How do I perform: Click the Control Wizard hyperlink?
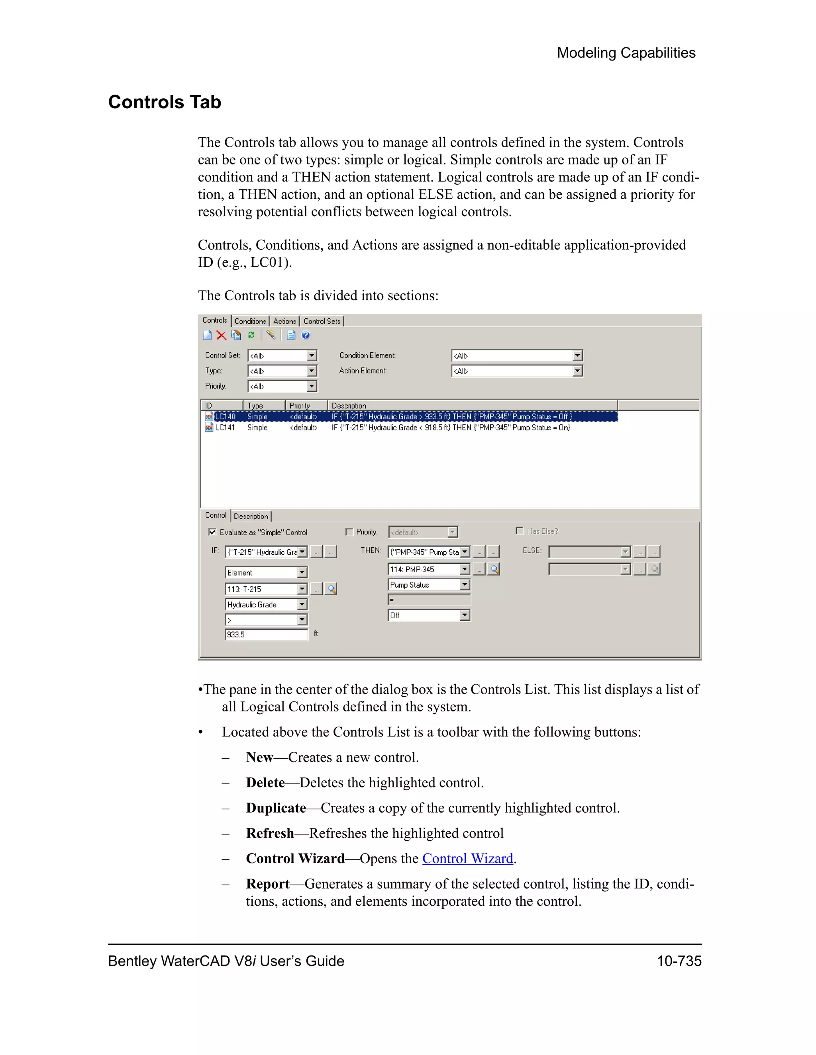coord(467,858)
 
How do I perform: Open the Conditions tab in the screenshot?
coord(250,321)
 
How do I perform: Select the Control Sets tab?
coord(322,321)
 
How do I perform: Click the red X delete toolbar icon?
coord(222,335)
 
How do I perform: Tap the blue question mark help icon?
coord(306,335)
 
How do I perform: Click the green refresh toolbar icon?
coord(251,335)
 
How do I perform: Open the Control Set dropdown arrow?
coord(312,356)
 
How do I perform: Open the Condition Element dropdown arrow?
coord(577,356)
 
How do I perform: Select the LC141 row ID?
coord(225,428)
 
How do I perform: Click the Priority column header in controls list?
coord(300,406)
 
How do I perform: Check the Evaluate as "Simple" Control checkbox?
coord(212,532)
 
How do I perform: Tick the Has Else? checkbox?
coord(520,531)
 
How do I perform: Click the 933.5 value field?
coord(266,635)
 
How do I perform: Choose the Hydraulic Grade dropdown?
coord(266,604)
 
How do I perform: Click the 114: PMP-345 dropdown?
coord(428,570)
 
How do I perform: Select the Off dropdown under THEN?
coord(428,615)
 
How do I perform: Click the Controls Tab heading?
coord(165,102)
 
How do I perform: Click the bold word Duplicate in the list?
coord(276,808)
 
